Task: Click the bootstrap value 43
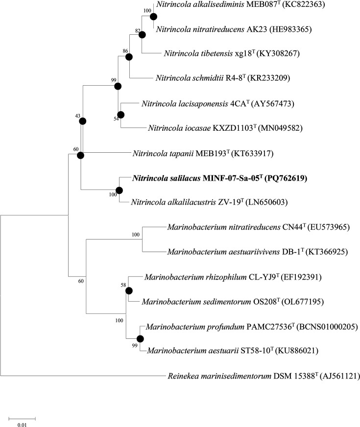(76, 116)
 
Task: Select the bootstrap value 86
(125, 51)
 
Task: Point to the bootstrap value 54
(117, 121)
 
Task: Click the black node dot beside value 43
(83, 121)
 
